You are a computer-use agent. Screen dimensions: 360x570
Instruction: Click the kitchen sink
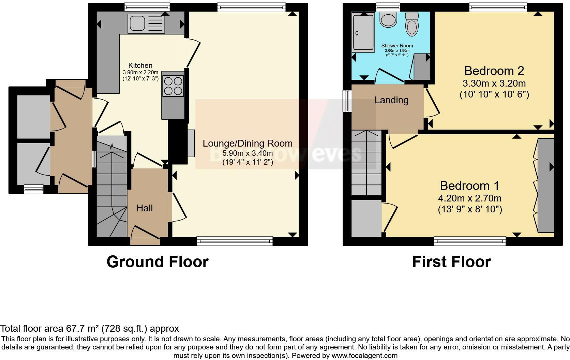click(146, 24)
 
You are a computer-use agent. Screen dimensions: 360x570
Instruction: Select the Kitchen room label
click(140, 65)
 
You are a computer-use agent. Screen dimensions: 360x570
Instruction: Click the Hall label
click(145, 208)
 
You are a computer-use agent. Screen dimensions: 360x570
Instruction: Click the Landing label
click(391, 100)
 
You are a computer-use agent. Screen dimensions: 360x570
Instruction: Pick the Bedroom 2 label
click(494, 71)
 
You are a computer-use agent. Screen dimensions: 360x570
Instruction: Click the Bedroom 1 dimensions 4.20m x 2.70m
click(470, 198)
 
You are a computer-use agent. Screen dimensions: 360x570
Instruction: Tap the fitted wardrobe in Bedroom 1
click(546, 185)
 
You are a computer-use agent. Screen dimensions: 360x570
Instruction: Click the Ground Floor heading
click(157, 262)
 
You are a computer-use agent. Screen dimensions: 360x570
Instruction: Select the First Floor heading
click(451, 262)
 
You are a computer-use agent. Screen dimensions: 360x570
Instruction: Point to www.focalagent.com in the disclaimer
click(364, 356)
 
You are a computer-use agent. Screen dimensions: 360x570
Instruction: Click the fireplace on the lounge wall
click(191, 143)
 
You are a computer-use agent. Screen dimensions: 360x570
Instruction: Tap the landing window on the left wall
click(347, 101)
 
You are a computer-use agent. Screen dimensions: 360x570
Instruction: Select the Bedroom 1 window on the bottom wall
click(470, 241)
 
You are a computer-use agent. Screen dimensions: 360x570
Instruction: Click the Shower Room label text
click(397, 46)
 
